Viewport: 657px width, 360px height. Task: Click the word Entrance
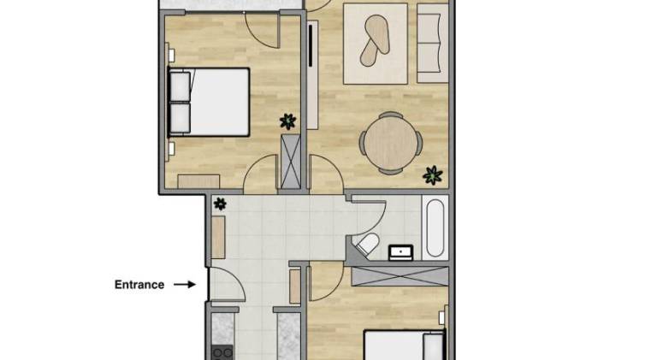click(x=139, y=285)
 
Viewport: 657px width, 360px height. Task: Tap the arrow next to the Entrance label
click(x=185, y=285)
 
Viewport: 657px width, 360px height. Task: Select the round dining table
click(x=391, y=143)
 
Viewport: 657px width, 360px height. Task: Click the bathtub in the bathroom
click(x=435, y=227)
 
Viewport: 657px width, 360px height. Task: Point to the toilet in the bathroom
click(x=366, y=244)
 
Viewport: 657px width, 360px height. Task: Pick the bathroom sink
click(x=401, y=252)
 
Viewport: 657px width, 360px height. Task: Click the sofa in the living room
click(x=432, y=44)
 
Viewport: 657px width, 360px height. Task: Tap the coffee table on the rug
click(x=375, y=40)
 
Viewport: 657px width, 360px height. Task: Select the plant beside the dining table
click(x=433, y=175)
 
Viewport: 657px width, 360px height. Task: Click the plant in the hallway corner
click(x=220, y=204)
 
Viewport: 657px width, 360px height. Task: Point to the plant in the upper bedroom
click(x=287, y=121)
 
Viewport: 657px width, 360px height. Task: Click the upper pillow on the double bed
click(x=181, y=86)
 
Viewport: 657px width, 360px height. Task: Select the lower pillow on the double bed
click(x=181, y=118)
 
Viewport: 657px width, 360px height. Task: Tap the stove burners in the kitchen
click(x=222, y=354)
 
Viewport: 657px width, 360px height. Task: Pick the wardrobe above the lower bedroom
click(x=400, y=276)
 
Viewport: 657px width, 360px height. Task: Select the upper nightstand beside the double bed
click(x=171, y=55)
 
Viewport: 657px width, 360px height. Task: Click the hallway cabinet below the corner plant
click(x=218, y=238)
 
